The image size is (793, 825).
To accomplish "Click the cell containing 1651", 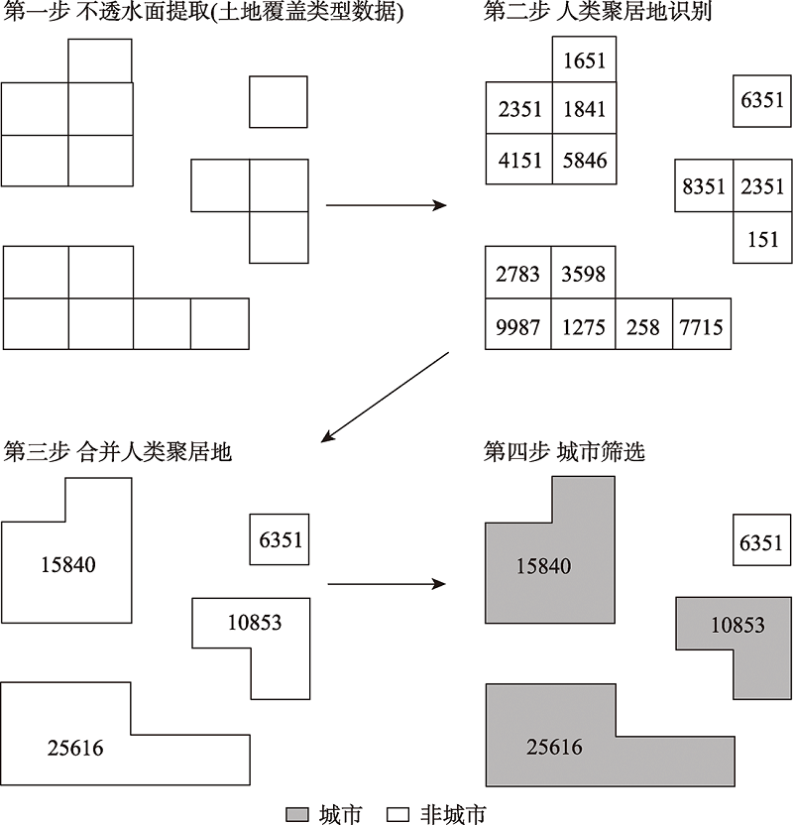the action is (584, 59).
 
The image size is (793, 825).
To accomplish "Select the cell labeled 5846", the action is (584, 159).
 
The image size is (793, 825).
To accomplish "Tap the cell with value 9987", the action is (518, 324).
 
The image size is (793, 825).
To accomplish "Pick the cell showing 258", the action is (643, 324).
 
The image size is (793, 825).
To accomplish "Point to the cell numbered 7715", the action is (702, 324).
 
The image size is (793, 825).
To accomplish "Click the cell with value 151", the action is (762, 237).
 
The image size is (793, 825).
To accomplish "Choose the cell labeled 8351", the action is (704, 185).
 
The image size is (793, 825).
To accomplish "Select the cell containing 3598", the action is (583, 273).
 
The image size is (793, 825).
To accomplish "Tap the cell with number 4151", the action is (519, 159).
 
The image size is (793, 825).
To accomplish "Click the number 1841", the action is (584, 109).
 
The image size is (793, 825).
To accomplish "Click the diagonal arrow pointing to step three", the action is (385, 398).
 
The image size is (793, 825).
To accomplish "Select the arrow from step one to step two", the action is (386, 205).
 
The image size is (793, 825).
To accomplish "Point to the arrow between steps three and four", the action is (387, 584).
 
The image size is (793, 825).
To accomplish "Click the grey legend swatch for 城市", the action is (297, 815).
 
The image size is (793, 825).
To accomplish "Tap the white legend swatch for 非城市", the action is (397, 815).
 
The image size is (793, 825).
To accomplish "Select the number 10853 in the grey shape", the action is (737, 625).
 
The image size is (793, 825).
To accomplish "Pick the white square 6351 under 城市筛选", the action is (762, 539).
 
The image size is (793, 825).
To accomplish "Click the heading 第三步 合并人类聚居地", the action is (117, 452).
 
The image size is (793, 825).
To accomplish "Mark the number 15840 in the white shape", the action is (68, 564).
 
